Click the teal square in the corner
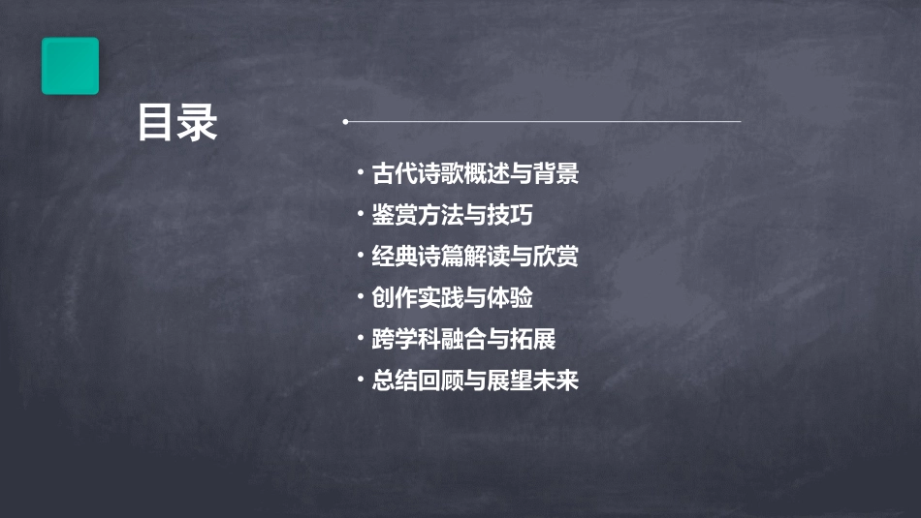(70, 66)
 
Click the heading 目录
(177, 123)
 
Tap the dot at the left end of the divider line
(345, 122)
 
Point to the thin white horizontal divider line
(543, 122)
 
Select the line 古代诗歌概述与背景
(475, 174)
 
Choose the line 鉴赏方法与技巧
(452, 215)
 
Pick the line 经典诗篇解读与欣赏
(475, 257)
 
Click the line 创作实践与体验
(452, 297)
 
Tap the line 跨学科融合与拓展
(463, 339)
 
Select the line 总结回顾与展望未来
(475, 381)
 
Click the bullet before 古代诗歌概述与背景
(360, 174)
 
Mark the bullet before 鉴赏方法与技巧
(360, 215)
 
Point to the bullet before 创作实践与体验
(360, 297)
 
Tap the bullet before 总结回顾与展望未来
(360, 381)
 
